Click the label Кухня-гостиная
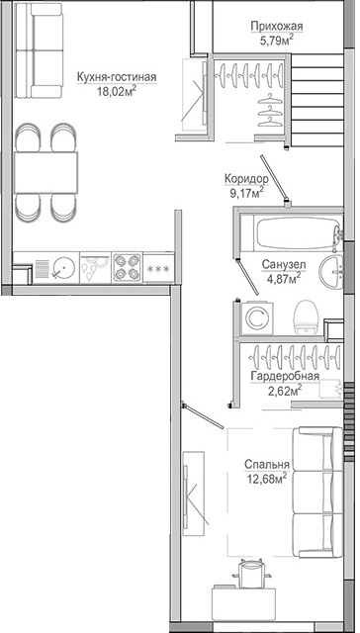pos(117,77)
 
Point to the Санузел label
pos(283,265)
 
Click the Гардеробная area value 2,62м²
pos(285,390)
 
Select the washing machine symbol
pos(257,318)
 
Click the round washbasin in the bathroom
pos(331,272)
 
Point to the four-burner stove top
pos(128,267)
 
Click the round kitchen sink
pos(63,267)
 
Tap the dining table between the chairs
pos(45,172)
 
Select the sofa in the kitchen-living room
pos(39,50)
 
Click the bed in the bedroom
pos(317,493)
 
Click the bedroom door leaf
pos(203,415)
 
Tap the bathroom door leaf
pos(248,278)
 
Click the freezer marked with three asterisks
pos(158,268)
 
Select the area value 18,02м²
pos(117,91)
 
